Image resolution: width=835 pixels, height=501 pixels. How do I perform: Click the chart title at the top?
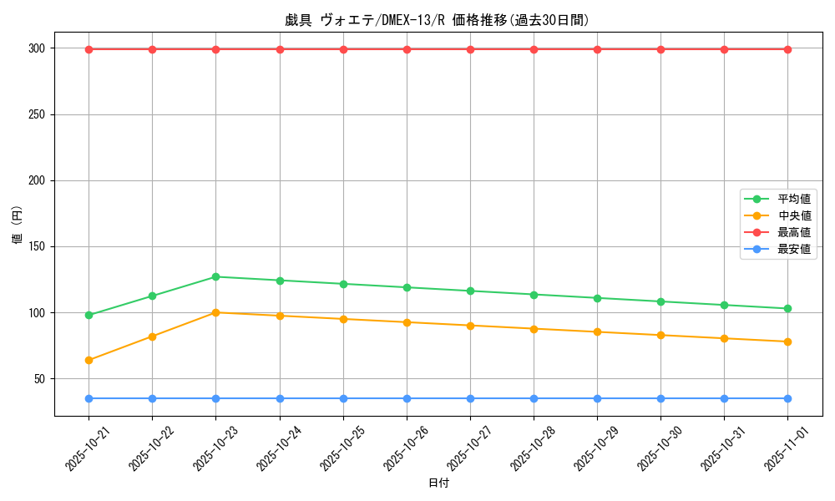437,20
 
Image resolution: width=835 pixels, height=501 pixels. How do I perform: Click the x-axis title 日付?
438,483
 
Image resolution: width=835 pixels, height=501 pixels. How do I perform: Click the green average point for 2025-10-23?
215,276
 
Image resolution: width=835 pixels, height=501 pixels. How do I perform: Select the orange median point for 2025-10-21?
89,360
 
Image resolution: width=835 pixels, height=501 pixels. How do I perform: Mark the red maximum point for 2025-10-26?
407,49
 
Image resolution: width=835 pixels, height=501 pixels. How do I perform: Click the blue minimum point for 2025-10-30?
660,398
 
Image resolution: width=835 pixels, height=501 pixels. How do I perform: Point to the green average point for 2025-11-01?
787,309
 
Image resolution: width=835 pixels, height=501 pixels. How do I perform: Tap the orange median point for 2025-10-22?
152,337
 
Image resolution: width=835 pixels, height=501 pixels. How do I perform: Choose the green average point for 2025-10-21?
89,315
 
